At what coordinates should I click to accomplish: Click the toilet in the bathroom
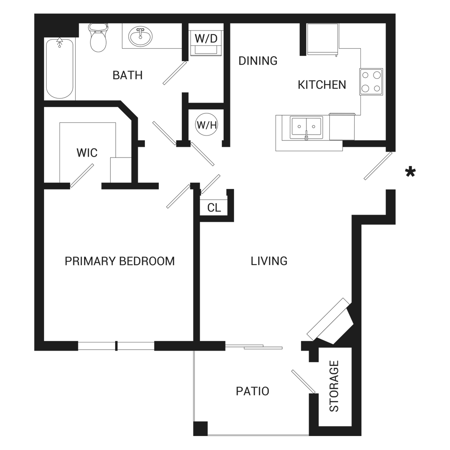click(99, 38)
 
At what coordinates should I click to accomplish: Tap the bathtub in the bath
click(60, 68)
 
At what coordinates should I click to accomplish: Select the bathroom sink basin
click(140, 36)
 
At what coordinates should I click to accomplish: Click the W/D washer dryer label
click(206, 38)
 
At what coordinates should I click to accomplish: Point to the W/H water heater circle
click(207, 125)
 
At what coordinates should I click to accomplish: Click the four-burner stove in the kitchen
click(371, 82)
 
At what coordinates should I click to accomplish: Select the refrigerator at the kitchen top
click(323, 39)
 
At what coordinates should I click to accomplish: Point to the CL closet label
click(214, 207)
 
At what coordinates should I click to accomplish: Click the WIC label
click(87, 153)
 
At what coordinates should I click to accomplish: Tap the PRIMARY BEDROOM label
click(120, 261)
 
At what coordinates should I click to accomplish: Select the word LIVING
click(269, 261)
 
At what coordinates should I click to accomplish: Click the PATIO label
click(252, 391)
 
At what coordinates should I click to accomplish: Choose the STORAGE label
click(334, 386)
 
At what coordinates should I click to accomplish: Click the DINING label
click(258, 61)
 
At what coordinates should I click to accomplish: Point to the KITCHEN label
click(322, 85)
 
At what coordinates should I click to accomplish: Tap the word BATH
click(127, 75)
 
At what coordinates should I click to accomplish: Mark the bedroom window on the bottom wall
click(116, 346)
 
